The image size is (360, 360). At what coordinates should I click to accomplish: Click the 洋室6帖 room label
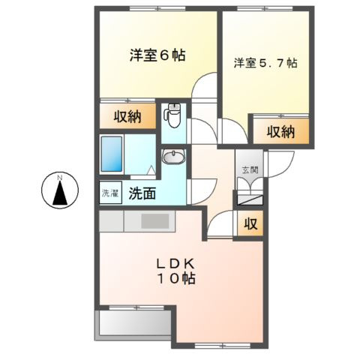[157, 55]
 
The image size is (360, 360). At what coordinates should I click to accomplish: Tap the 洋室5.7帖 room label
[265, 63]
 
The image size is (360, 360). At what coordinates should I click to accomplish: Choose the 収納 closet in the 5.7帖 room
[278, 132]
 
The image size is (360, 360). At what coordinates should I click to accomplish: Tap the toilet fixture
[172, 116]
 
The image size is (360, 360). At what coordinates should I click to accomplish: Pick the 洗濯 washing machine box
[109, 193]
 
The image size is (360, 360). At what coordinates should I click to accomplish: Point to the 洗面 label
[142, 193]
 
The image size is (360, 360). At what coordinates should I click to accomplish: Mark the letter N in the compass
[59, 178]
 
